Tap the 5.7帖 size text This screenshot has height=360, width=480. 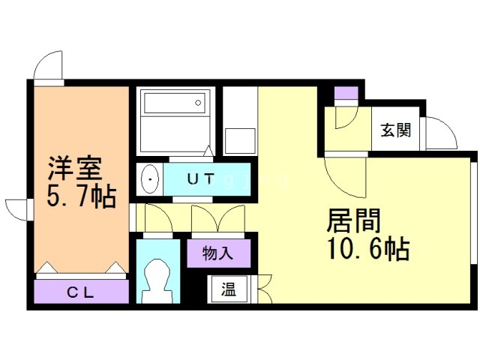[81, 196]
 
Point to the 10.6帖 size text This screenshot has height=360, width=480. [367, 248]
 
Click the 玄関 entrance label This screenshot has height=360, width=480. [395, 130]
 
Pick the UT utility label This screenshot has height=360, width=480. [199, 179]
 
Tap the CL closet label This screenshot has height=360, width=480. [81, 292]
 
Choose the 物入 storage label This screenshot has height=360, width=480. [217, 253]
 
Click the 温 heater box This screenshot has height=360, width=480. [228, 289]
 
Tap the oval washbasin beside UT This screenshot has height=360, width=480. [150, 179]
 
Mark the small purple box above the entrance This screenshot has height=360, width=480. [346, 94]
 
